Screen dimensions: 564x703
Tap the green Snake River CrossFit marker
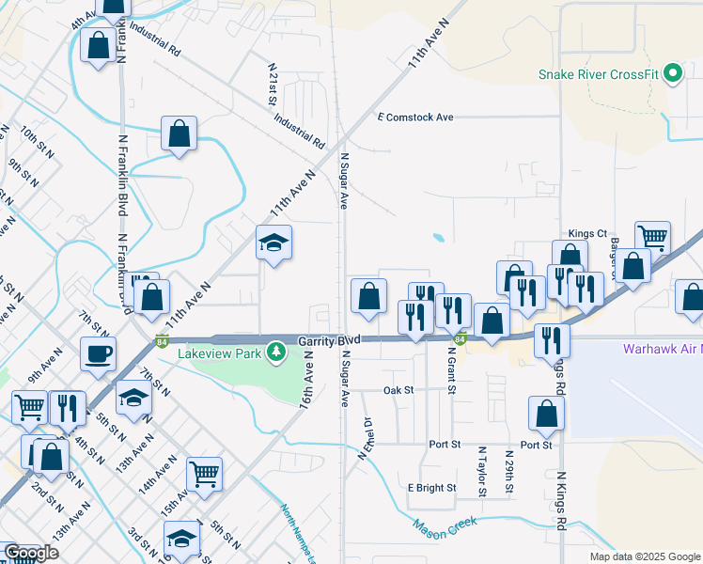[x=672, y=73]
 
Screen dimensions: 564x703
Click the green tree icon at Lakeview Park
[x=275, y=352]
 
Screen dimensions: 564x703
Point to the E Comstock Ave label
[x=415, y=117]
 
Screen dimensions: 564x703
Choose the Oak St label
[x=398, y=389]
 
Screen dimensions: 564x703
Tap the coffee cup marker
[x=98, y=353]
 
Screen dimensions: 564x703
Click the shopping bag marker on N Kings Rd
[x=546, y=413]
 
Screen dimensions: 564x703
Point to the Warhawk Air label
[x=662, y=349]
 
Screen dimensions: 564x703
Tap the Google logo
[x=31, y=553]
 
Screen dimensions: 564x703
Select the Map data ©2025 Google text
[x=643, y=556]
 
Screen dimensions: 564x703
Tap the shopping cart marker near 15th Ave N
[x=204, y=475]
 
